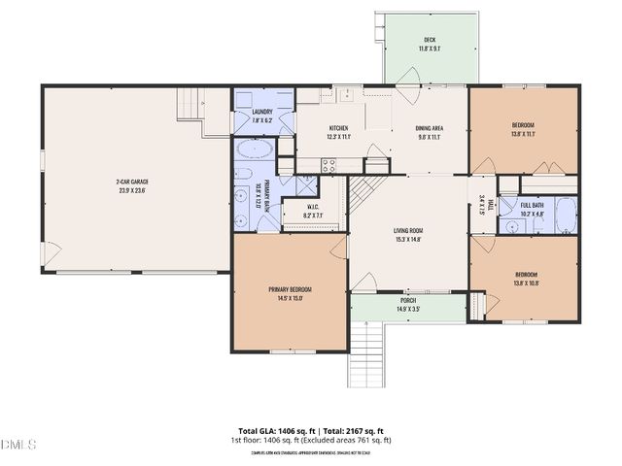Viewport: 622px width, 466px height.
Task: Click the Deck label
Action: pos(429,40)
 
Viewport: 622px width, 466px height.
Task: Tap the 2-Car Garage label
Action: pos(131,182)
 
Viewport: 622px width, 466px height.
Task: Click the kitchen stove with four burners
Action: pos(329,165)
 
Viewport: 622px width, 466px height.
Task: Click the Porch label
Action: pos(408,301)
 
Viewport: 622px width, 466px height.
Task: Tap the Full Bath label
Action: pos(532,206)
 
